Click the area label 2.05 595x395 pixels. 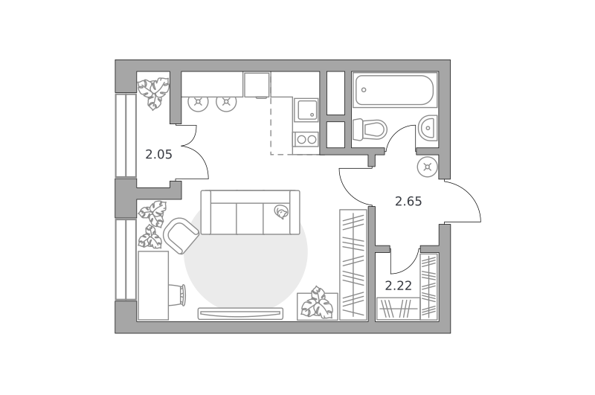pos(158,155)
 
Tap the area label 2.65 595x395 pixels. pos(408,201)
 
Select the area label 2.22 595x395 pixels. pos(399,286)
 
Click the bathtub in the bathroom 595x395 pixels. pos(395,90)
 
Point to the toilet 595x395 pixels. pos(369,129)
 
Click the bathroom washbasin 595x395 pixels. pos(428,128)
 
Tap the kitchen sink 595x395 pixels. pos(306,109)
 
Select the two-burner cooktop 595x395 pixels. pos(306,140)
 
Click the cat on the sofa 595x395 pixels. pos(281,212)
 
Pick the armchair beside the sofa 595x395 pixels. pos(181,236)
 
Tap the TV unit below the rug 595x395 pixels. pos(240,313)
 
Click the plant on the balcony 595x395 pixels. pos(153,92)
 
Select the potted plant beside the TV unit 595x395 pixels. pos(318,303)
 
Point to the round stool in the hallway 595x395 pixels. pos(427,167)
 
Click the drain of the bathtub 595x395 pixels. pos(364,90)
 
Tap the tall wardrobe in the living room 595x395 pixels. pos(353,265)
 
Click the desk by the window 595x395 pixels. pos(153,286)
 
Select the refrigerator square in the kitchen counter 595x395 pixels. pos(257,85)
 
